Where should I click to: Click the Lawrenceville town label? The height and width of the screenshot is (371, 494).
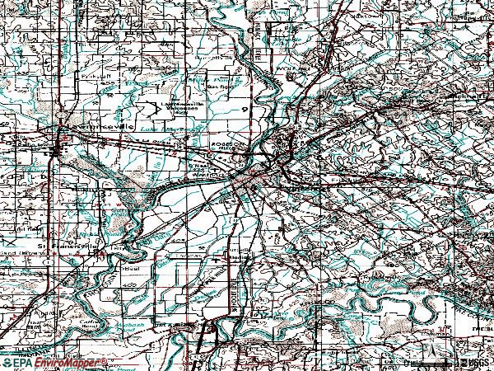point(87,133)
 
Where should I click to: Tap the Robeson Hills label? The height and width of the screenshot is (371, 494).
point(227,146)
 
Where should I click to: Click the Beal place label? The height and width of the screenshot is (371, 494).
point(130,268)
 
